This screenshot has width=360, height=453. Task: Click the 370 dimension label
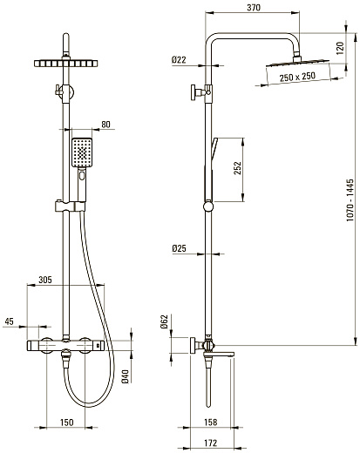click(254, 7)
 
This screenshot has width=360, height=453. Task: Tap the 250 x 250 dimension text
click(297, 77)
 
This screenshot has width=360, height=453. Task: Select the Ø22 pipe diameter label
click(179, 60)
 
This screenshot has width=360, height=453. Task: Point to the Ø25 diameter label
click(179, 248)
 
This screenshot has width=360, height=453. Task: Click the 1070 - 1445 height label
click(350, 200)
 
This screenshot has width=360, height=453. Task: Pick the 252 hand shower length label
click(238, 168)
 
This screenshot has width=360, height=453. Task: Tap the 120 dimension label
click(340, 48)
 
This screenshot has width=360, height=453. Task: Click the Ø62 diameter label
click(165, 321)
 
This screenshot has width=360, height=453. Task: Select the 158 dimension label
click(210, 422)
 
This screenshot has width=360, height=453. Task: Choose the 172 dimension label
click(210, 443)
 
